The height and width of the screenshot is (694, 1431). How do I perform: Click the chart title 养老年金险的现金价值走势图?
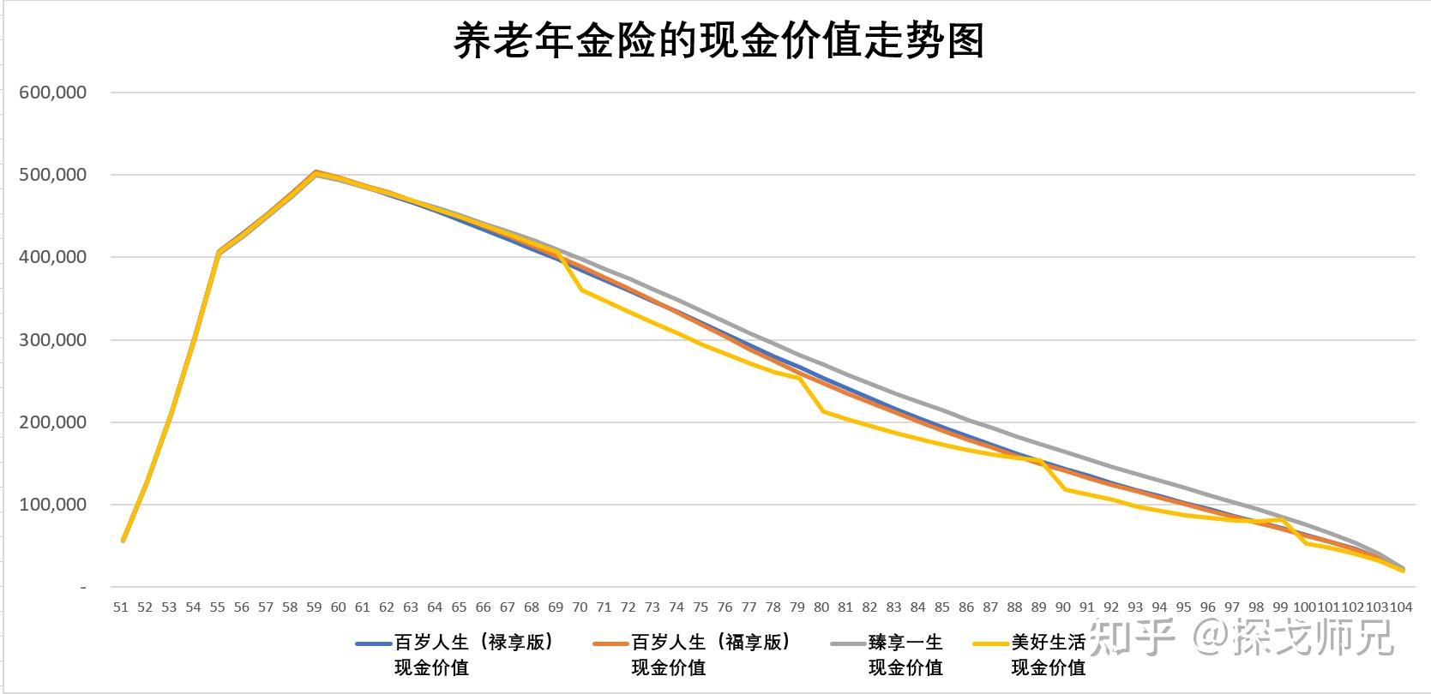coord(718,40)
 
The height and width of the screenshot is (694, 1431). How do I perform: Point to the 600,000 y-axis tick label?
coord(52,93)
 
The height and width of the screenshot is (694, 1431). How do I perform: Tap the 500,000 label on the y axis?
coord(52,175)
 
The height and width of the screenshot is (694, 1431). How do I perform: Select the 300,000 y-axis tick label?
coord(52,340)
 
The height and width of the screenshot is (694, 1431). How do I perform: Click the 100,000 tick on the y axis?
coord(52,506)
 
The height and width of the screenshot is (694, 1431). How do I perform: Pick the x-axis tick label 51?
coord(121,607)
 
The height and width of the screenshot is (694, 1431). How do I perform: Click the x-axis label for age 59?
coord(314,607)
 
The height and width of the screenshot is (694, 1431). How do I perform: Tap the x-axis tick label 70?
coord(580,607)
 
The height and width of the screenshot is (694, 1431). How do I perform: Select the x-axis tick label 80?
coord(821,607)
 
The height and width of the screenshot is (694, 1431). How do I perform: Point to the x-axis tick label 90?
coord(1063,607)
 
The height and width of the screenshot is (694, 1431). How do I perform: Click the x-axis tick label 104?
coord(1401,607)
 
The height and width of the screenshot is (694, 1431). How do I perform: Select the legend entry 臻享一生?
coord(905,643)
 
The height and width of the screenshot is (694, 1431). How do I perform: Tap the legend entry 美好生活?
coord(1048,643)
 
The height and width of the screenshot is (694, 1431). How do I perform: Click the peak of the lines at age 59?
coord(316,172)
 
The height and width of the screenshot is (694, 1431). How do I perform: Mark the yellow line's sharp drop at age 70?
coord(581,290)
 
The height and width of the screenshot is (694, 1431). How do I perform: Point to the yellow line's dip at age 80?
coord(823,411)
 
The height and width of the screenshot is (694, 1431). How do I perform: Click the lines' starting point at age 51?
coord(123,540)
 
